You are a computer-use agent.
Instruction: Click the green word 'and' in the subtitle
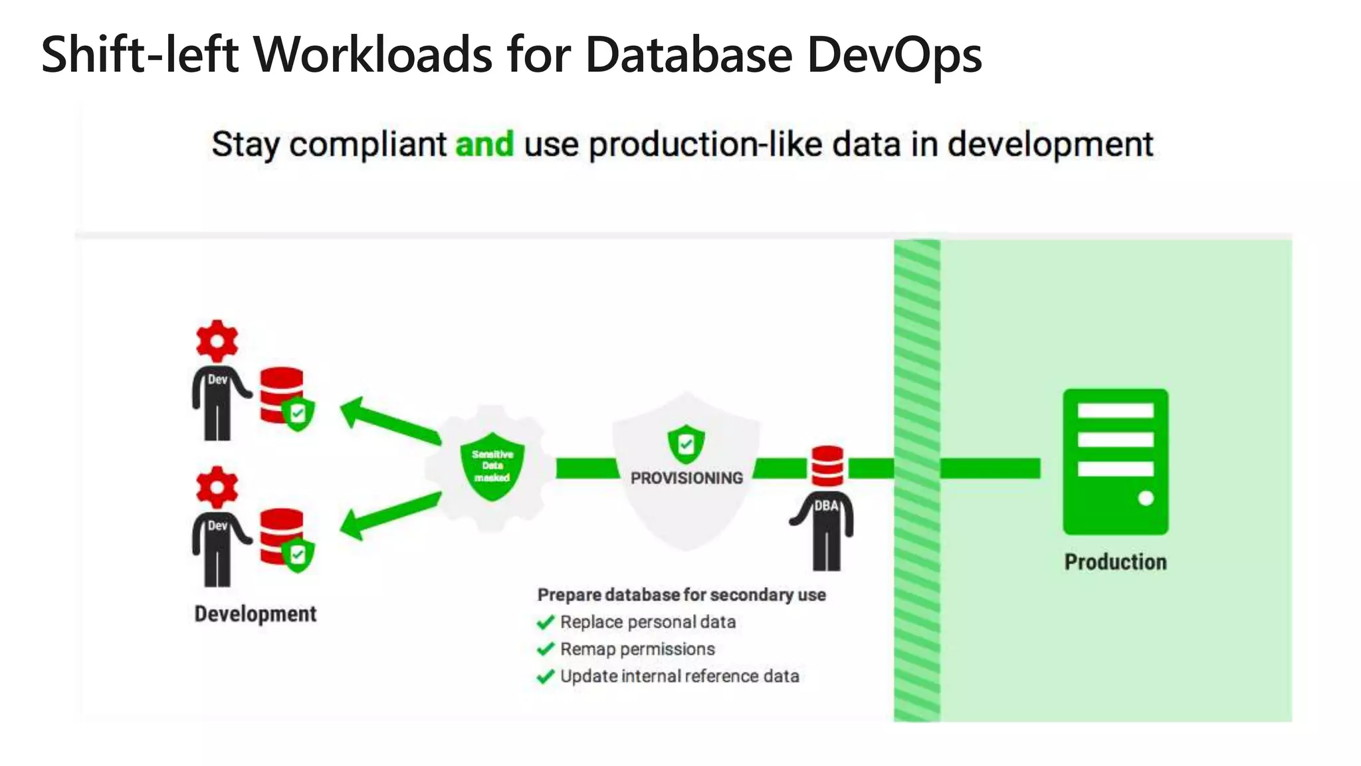[x=484, y=144]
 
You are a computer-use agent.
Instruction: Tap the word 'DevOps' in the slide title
[x=894, y=55]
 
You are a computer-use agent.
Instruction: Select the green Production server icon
[x=1115, y=461]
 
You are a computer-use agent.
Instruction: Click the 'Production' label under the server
[x=1115, y=562]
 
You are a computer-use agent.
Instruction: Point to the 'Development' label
[x=255, y=614]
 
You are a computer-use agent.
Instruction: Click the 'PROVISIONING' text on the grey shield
[x=686, y=478]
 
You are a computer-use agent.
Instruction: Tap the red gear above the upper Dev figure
[x=217, y=341]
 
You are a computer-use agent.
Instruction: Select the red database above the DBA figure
[x=827, y=466]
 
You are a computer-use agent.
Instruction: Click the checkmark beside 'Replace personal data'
[x=546, y=622]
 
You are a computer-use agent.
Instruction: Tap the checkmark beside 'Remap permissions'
[x=546, y=649]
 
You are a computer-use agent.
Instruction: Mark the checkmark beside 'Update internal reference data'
[x=546, y=677]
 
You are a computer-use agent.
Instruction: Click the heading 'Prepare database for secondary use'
[x=681, y=594]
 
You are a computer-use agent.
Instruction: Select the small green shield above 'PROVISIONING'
[x=686, y=444]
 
